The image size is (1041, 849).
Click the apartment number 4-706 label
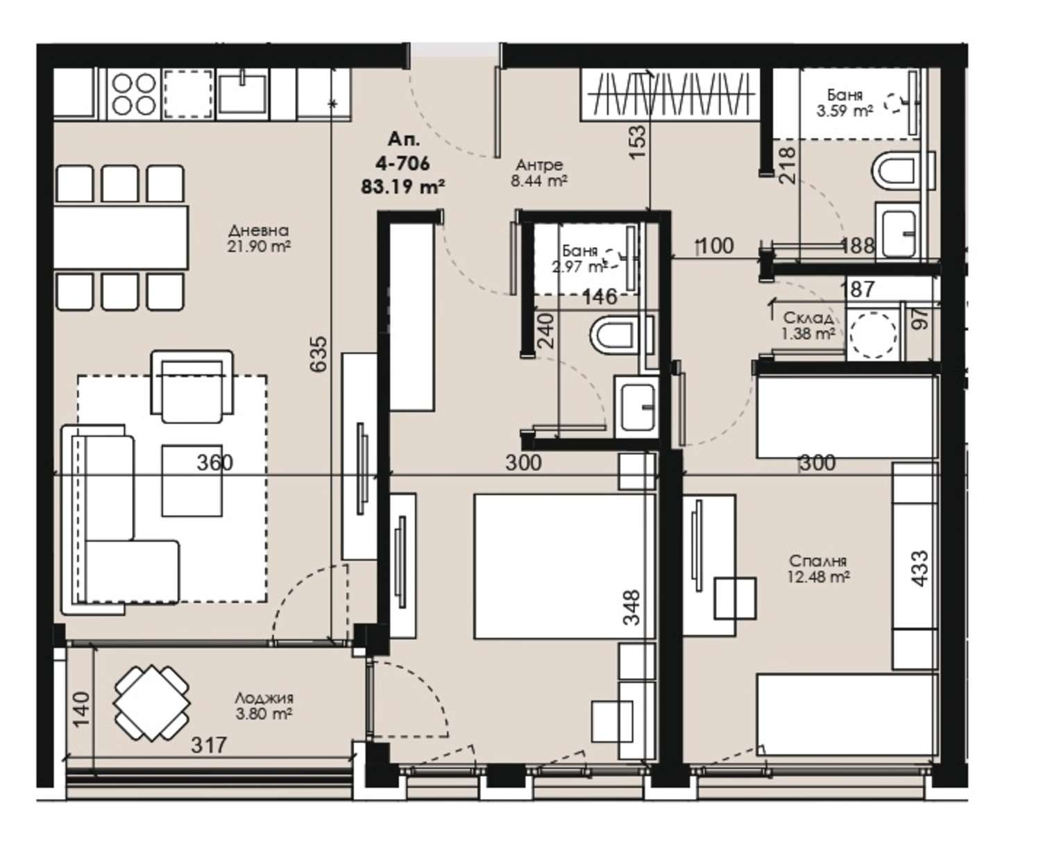pyautogui.click(x=403, y=163)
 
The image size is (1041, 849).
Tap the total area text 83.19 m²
pyautogui.click(x=403, y=187)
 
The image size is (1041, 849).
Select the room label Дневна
pyautogui.click(x=259, y=230)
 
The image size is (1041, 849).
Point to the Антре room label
pyautogui.click(x=539, y=165)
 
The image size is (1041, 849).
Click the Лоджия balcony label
pyautogui.click(x=264, y=698)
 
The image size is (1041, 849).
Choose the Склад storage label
pyautogui.click(x=808, y=317)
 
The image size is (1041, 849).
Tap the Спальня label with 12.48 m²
pyautogui.click(x=818, y=561)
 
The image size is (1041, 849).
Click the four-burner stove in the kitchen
pyautogui.click(x=133, y=94)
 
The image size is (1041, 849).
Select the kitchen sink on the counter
pyautogui.click(x=243, y=93)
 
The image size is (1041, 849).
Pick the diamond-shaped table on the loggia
pyautogui.click(x=151, y=703)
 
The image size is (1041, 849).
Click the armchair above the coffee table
pyautogui.click(x=192, y=387)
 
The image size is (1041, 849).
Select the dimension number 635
pyautogui.click(x=319, y=353)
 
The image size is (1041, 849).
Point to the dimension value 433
pyautogui.click(x=920, y=569)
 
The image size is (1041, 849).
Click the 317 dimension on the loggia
pyautogui.click(x=209, y=746)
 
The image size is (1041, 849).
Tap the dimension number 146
pyautogui.click(x=600, y=296)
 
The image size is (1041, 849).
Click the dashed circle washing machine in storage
pyautogui.click(x=872, y=335)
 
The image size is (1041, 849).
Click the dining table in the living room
pyautogui.click(x=121, y=237)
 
